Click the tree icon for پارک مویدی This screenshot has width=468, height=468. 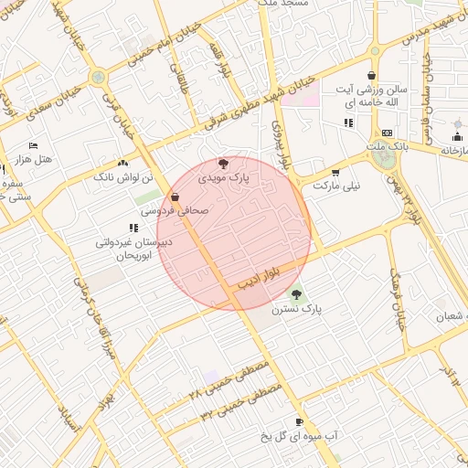(225, 164)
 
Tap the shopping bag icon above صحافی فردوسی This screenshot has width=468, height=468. (175, 197)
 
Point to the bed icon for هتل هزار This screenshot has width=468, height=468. (34, 146)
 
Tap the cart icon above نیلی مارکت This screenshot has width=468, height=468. (335, 172)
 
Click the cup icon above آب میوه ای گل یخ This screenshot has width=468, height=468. (298, 422)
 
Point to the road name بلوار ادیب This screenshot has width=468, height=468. (259, 276)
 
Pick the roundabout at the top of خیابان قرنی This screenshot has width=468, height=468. (98, 77)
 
